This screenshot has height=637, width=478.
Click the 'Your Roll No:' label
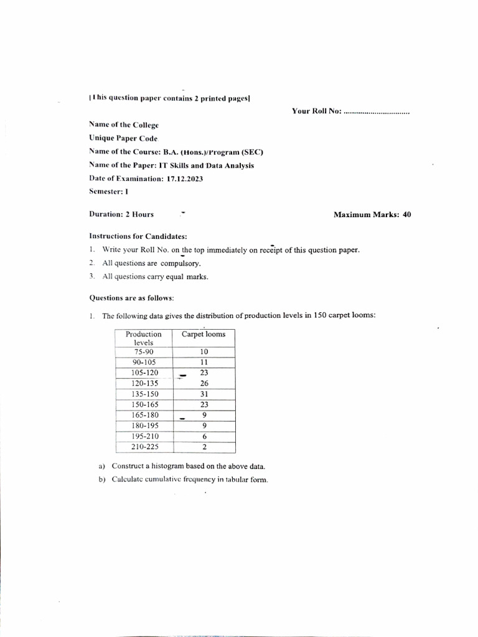tap(317, 111)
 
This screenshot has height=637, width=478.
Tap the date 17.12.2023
tap(185, 179)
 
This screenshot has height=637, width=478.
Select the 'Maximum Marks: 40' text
tap(372, 215)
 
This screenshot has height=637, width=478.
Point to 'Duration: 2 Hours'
tap(121, 215)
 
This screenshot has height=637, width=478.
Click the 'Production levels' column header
tap(143, 338)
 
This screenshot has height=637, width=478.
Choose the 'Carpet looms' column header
tap(204, 334)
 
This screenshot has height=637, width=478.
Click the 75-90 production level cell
tap(143, 351)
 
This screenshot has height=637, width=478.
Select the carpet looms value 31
tap(204, 394)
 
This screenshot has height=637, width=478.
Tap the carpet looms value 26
tap(204, 383)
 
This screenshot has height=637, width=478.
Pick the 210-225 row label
tap(143, 447)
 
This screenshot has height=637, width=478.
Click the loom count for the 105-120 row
tap(204, 373)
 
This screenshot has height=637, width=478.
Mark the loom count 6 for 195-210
tap(204, 436)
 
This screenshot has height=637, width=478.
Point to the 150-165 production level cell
tap(143, 404)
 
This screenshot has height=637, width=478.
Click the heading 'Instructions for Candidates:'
tap(138, 236)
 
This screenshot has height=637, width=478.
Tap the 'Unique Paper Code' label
tap(123, 139)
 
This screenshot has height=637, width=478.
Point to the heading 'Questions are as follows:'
tap(131, 298)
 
